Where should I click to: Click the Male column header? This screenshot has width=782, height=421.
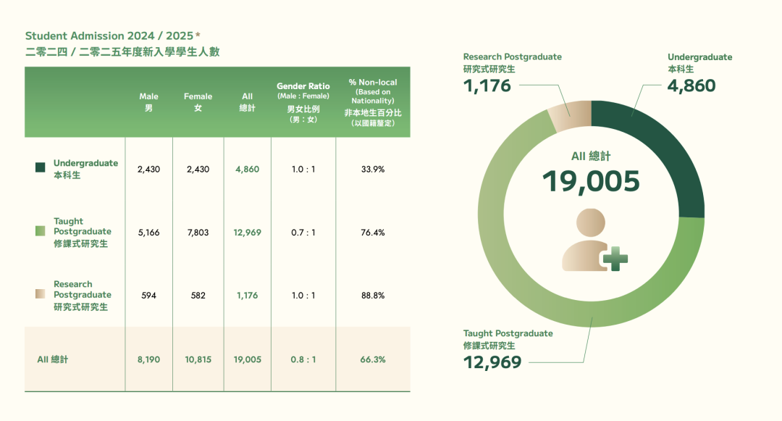(x=148, y=102)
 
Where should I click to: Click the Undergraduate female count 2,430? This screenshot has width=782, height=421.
(x=198, y=169)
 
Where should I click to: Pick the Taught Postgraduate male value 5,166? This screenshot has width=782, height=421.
(x=148, y=233)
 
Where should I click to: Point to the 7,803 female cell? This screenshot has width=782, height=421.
(x=198, y=233)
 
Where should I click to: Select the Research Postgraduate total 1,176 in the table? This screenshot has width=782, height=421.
(x=247, y=296)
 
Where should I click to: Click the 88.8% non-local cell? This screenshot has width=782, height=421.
(x=373, y=296)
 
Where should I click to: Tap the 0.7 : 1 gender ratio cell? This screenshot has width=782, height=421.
(x=303, y=233)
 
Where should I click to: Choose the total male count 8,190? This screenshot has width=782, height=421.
(x=148, y=359)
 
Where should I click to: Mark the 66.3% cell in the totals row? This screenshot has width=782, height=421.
(x=373, y=359)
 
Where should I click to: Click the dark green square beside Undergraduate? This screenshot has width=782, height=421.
(x=41, y=168)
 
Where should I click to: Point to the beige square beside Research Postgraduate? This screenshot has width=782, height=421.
(x=41, y=294)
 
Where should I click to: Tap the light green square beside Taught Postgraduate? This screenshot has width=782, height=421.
(x=41, y=231)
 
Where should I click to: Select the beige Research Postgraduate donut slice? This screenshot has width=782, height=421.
(x=570, y=116)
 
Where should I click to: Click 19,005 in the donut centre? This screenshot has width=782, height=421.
(x=591, y=181)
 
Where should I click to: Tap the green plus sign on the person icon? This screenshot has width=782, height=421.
(x=615, y=258)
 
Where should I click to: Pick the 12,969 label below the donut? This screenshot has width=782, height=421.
(x=492, y=362)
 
